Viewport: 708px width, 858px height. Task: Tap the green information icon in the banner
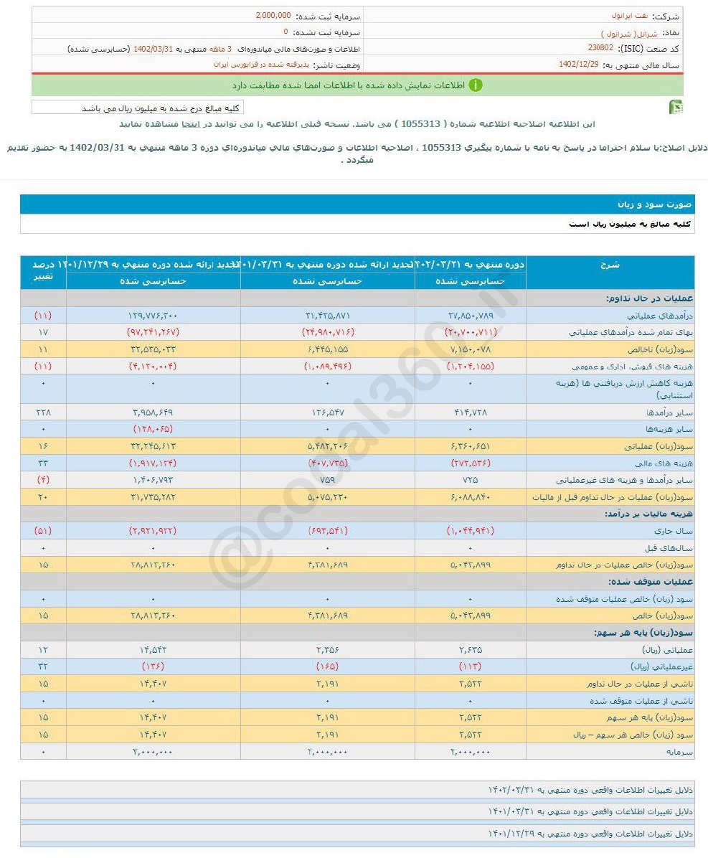tap(476, 85)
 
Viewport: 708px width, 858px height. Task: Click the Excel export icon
tap(675, 108)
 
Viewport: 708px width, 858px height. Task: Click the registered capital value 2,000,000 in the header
tap(273, 16)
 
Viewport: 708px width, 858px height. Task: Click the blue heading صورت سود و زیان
tap(653, 204)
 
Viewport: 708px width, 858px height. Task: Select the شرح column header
tap(610, 265)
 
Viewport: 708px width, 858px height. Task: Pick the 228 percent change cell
tap(43, 412)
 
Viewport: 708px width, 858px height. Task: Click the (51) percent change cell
tap(43, 531)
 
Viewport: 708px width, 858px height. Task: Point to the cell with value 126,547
tap(329, 412)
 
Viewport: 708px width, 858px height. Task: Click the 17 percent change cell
tap(43, 332)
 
